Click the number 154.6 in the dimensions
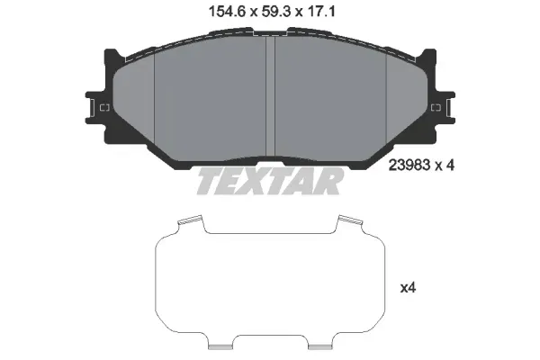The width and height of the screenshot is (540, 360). point(227,12)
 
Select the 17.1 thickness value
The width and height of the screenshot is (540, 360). point(321,12)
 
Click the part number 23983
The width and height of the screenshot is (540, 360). point(409,166)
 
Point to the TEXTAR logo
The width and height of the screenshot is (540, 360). point(270,181)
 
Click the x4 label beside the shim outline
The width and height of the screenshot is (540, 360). point(408,288)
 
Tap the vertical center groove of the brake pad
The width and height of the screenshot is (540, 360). point(270,96)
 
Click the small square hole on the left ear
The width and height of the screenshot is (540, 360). point(104,108)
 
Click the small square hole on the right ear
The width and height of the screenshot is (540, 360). point(436,108)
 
